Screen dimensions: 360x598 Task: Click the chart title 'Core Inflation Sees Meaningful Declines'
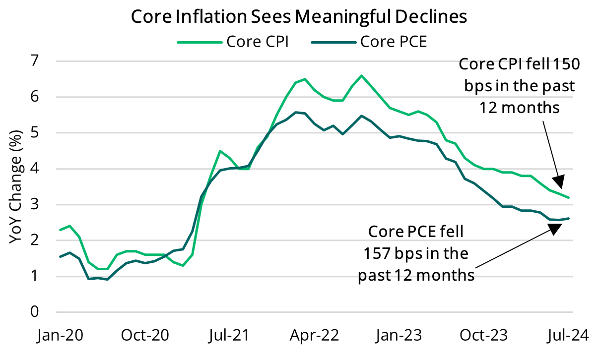pyautogui.click(x=299, y=16)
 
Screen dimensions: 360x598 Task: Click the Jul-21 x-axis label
pyautogui.click(x=229, y=336)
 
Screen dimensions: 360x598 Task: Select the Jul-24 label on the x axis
pyautogui.click(x=568, y=336)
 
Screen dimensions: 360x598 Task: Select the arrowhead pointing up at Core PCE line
pyautogui.click(x=555, y=228)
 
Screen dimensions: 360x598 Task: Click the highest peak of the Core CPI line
pyautogui.click(x=361, y=75)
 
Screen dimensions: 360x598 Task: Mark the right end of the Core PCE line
pyautogui.click(x=569, y=218)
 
